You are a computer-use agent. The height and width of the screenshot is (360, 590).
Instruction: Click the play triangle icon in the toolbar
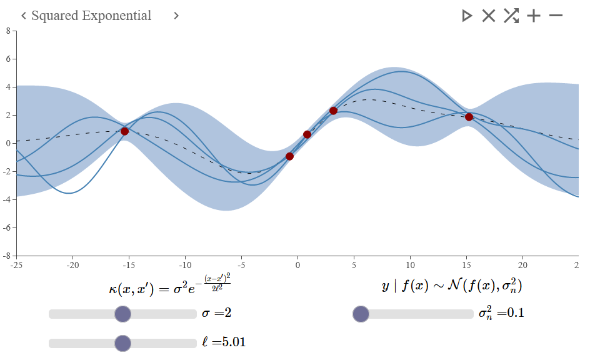(467, 16)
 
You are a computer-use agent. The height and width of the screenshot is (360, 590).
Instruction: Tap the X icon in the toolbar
(488, 16)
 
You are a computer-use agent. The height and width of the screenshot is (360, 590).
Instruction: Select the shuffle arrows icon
(511, 16)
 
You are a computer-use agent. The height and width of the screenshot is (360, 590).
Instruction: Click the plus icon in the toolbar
(534, 16)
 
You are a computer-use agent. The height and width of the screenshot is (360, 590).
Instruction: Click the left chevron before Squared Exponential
(23, 16)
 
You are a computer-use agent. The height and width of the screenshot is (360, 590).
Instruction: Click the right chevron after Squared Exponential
(176, 16)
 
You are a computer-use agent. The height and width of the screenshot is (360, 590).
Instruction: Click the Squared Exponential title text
(91, 16)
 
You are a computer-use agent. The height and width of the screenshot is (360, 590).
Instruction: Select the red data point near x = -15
(124, 131)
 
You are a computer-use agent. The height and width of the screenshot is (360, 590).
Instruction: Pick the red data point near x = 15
(469, 117)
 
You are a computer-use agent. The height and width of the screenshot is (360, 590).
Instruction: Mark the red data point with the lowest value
(289, 156)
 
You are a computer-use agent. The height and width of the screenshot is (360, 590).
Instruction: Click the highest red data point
(333, 111)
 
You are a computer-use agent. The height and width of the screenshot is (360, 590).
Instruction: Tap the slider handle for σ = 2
(123, 314)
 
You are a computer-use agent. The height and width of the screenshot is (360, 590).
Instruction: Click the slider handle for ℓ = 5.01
(123, 343)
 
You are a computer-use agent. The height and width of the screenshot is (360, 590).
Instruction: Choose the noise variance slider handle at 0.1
(361, 314)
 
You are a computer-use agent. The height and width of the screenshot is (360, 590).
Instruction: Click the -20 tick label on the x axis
(72, 264)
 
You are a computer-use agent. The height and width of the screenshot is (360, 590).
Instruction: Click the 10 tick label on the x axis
(410, 264)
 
